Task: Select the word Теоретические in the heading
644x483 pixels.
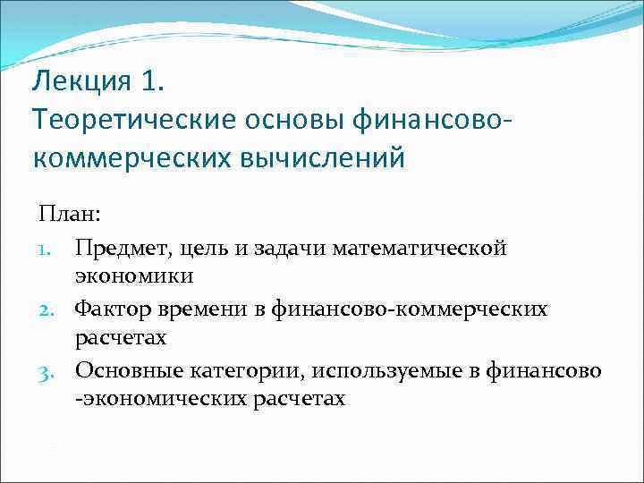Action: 125,119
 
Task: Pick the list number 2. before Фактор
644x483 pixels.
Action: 49,309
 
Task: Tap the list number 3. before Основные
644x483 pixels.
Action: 49,371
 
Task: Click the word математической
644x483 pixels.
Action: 419,247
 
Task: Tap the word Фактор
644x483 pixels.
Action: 109,309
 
